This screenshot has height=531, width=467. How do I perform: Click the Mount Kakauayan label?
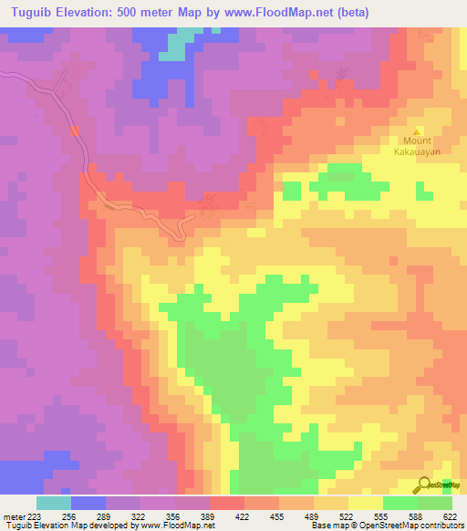[416, 147]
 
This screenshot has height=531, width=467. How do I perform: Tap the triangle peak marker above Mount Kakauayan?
[419, 130]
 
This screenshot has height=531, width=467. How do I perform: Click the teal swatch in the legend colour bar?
[53, 503]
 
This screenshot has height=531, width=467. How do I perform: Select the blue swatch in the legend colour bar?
[88, 503]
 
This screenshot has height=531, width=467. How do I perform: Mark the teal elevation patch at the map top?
[183, 41]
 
